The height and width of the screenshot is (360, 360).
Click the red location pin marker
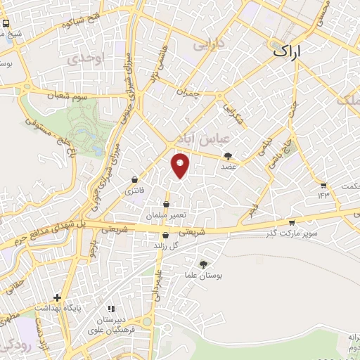[x=181, y=165]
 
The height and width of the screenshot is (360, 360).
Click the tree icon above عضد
[x=228, y=156]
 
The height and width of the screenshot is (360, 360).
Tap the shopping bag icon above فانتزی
[x=134, y=180]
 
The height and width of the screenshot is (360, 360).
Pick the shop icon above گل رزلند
[x=165, y=236]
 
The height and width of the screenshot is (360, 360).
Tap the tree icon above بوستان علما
[x=203, y=264]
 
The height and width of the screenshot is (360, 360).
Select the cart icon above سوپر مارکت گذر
[x=292, y=222]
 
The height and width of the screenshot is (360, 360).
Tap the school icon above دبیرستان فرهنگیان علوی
[x=110, y=308]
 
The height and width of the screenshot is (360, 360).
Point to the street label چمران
[x=188, y=93]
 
